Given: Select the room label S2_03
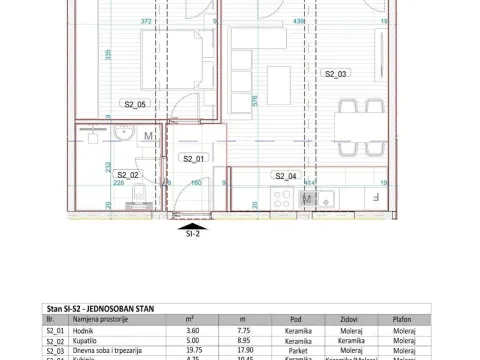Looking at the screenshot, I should [334, 74].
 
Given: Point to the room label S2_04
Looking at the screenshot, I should [285, 175].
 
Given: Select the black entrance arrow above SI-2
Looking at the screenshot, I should [193, 226].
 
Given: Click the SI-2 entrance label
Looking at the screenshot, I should [193, 237].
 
